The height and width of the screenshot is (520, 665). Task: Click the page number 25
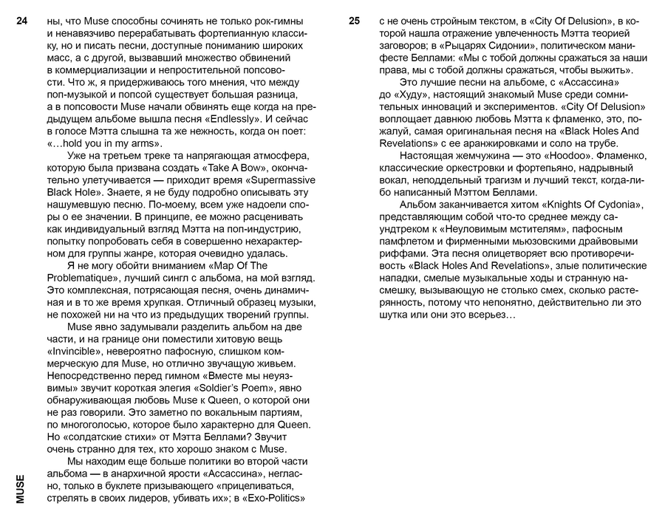pos(354,22)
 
